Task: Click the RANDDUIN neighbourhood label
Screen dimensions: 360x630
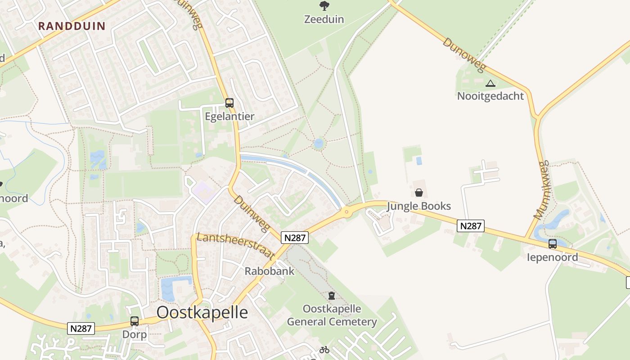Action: click(x=72, y=26)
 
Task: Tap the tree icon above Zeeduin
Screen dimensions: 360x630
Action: click(x=324, y=6)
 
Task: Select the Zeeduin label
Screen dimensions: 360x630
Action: click(x=324, y=19)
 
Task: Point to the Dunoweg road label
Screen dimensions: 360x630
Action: click(x=464, y=55)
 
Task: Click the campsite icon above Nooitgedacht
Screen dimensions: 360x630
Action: click(x=490, y=83)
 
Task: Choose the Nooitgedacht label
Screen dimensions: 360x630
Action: click(x=490, y=96)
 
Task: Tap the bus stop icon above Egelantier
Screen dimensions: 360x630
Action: click(x=229, y=103)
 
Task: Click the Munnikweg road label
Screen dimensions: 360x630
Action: click(x=542, y=190)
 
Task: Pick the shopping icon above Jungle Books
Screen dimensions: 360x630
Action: click(x=419, y=193)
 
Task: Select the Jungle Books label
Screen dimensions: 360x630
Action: click(x=419, y=206)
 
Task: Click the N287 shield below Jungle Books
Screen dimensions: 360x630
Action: click(x=471, y=226)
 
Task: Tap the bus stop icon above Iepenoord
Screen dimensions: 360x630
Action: click(x=553, y=244)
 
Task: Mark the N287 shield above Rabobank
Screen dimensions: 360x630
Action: click(x=295, y=238)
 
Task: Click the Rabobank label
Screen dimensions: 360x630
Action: click(x=270, y=271)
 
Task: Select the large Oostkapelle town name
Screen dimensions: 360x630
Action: click(x=202, y=312)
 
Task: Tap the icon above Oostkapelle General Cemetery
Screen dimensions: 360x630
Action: click(x=332, y=296)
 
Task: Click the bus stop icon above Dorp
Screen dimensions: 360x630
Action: click(x=135, y=321)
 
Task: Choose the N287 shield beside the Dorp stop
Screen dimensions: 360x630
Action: click(x=81, y=328)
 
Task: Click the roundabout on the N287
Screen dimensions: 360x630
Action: click(x=346, y=211)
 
